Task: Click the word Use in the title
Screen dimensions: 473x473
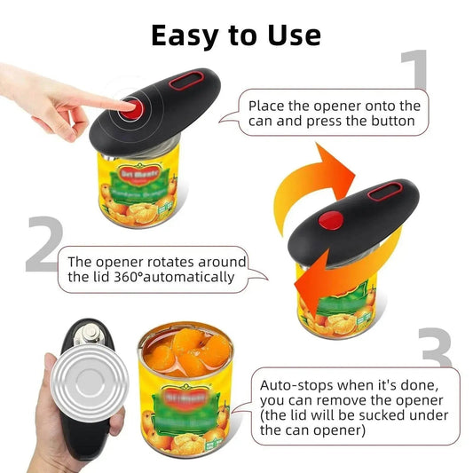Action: click(290, 35)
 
